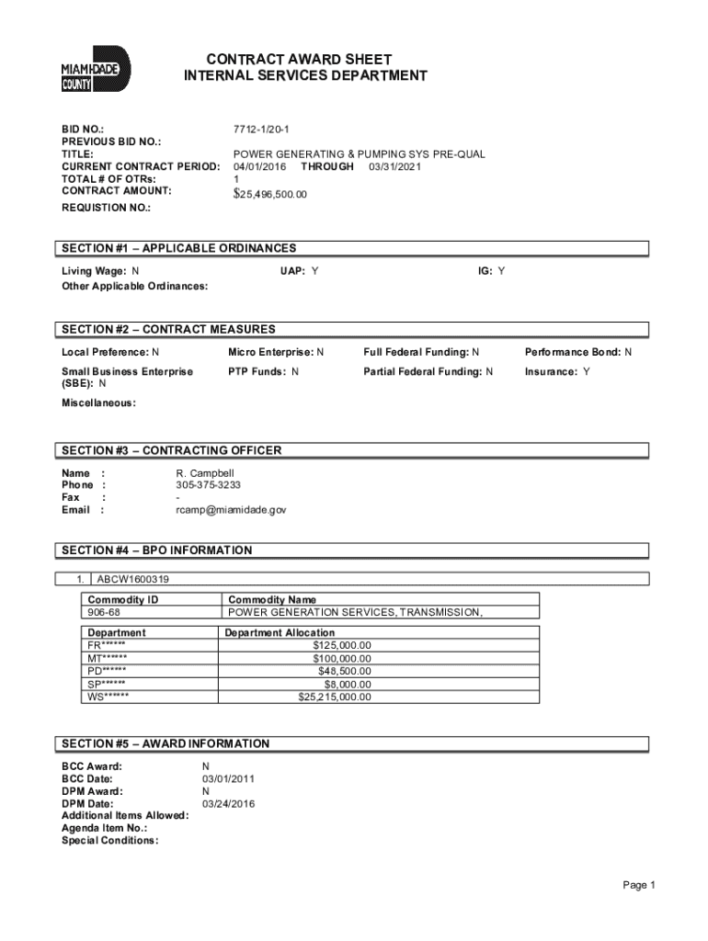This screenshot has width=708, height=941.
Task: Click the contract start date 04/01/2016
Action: pos(260,167)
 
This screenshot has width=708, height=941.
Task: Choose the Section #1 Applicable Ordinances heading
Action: pos(179,248)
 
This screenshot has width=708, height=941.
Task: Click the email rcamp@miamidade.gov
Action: pos(231,509)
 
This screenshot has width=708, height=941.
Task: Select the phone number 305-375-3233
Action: pos(210,484)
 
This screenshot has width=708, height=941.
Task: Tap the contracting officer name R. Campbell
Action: pos(205,472)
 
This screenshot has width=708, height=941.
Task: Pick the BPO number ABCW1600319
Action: pos(132,580)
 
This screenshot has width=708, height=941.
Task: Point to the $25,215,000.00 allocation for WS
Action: pos(335,697)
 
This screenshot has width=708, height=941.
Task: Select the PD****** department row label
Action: pos(108,671)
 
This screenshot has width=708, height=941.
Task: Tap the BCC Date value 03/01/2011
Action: pos(228,778)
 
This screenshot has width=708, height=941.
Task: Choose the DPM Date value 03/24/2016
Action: pos(228,803)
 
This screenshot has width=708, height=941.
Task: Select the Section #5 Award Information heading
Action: pos(166,743)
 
